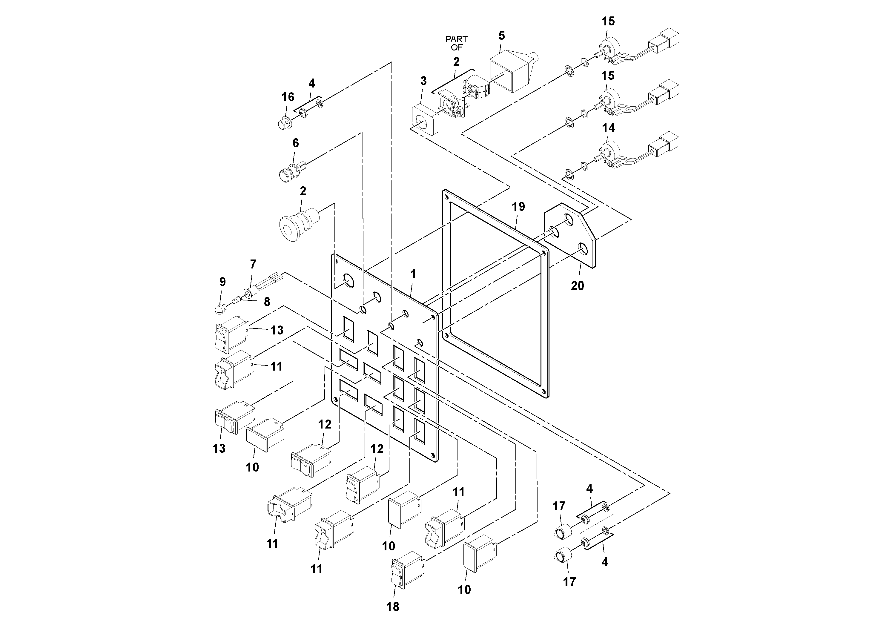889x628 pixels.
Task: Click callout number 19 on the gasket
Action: tap(518, 207)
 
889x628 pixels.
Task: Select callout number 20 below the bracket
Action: tap(577, 286)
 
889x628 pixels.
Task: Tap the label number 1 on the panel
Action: tap(413, 274)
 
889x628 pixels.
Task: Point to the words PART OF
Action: tap(457, 43)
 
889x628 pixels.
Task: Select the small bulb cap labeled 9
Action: tap(220, 308)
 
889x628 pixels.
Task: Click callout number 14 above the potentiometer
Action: tap(609, 128)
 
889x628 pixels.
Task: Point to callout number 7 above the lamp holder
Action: tap(253, 265)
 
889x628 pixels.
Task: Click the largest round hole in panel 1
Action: tap(348, 281)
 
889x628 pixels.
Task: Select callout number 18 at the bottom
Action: tap(393, 607)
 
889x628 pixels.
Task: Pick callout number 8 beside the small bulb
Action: tap(267, 302)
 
